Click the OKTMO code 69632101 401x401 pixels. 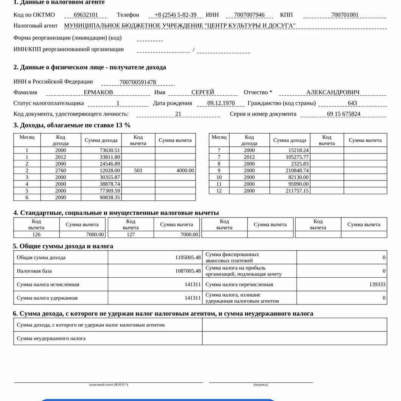(86, 15)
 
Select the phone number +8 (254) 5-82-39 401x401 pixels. (176, 15)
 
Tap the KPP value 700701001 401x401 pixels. (345, 15)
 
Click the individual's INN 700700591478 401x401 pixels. (138, 82)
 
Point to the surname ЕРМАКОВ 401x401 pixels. (98, 92)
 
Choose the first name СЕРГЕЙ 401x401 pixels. (203, 92)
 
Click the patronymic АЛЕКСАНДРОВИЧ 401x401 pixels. (333, 92)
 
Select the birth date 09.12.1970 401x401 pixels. (221, 103)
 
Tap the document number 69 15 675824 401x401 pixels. (343, 114)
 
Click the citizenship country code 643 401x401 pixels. (352, 103)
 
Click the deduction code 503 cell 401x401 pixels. (138, 171)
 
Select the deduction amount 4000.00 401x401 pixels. (185, 171)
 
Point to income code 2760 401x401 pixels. (61, 171)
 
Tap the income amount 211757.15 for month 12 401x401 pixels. (297, 191)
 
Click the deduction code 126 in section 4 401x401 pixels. (36, 235)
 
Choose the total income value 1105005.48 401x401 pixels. (188, 258)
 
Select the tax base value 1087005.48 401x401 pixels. (188, 271)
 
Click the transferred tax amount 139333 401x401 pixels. (378, 284)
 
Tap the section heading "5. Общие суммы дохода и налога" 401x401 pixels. (63, 246)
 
